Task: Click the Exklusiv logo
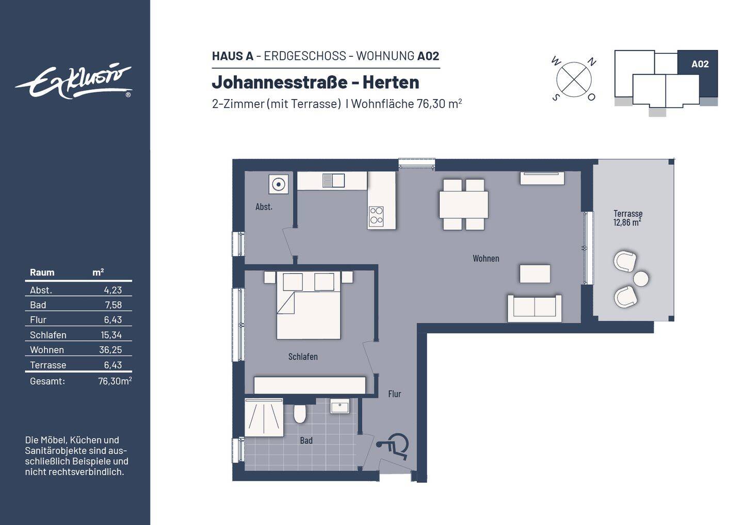pyautogui.click(x=73, y=81)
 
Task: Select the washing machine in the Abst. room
pyautogui.click(x=279, y=184)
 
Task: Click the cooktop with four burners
pyautogui.click(x=376, y=216)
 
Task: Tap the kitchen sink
pyautogui.click(x=333, y=181)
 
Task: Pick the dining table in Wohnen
pyautogui.click(x=464, y=204)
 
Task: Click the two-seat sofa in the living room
pyautogui.click(x=534, y=308)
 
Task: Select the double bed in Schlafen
pyautogui.click(x=309, y=306)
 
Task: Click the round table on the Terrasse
pyautogui.click(x=641, y=278)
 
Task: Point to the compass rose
pyautogui.click(x=574, y=79)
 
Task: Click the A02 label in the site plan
pyautogui.click(x=700, y=64)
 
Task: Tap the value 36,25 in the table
pyautogui.click(x=110, y=350)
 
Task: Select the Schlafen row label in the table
pyautogui.click(x=48, y=335)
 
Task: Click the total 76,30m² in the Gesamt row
pyautogui.click(x=115, y=381)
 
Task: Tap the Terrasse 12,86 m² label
pyautogui.click(x=627, y=218)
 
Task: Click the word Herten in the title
pyautogui.click(x=391, y=82)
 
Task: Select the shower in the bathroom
pyautogui.click(x=264, y=417)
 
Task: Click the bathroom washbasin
pyautogui.click(x=340, y=406)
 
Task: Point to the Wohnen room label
pyautogui.click(x=486, y=258)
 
